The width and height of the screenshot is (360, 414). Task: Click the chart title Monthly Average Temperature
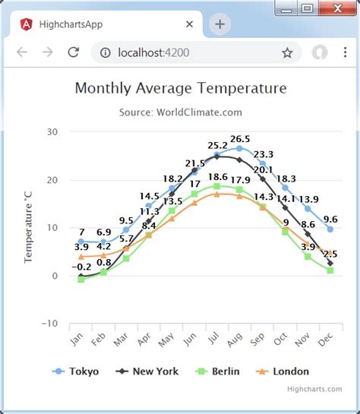[181, 88]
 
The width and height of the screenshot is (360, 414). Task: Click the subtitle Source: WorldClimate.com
[181, 112]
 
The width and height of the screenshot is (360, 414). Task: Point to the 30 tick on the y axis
[52, 131]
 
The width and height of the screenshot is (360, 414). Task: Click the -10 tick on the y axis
[50, 324]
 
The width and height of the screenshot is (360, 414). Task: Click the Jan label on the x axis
[76, 340]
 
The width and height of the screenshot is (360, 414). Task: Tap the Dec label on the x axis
[325, 340]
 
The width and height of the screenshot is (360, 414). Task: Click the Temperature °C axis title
[30, 227]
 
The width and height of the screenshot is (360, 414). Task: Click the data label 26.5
[240, 139]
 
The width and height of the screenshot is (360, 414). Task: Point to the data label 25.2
[217, 145]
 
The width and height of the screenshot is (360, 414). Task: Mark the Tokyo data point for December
[330, 229]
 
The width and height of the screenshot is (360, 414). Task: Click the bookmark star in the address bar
[287, 52]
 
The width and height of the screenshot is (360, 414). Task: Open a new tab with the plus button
[220, 24]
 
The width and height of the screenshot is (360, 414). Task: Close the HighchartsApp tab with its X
[189, 24]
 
